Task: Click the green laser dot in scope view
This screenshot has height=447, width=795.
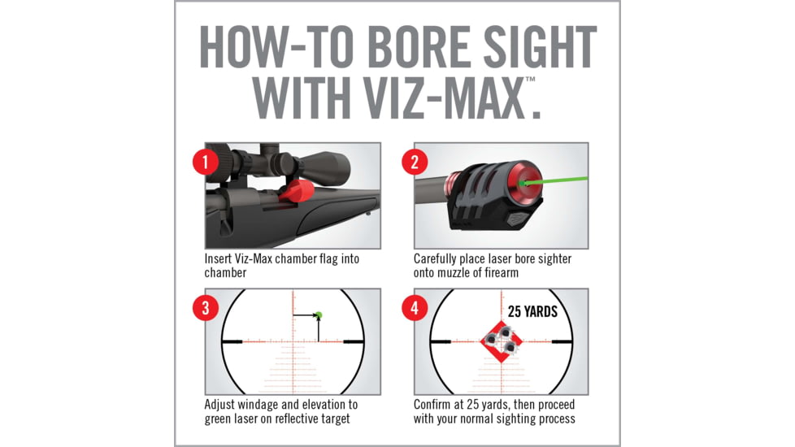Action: click(319, 315)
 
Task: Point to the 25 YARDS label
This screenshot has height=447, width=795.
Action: click(532, 311)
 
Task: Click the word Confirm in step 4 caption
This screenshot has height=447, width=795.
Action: click(437, 405)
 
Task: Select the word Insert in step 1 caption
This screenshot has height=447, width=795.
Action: click(221, 258)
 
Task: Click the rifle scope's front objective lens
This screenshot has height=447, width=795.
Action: click(340, 166)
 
